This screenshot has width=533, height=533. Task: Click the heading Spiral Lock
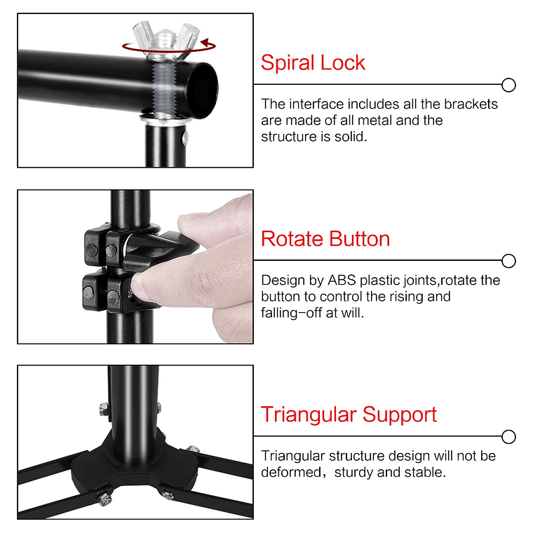(x=313, y=62)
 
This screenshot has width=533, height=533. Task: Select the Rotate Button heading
(x=325, y=238)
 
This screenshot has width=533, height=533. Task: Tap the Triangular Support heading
(x=349, y=414)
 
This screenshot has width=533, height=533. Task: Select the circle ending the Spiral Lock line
(x=509, y=86)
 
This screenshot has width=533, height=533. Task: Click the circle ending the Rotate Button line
(x=509, y=261)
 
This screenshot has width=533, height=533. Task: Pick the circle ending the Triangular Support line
(x=509, y=436)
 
